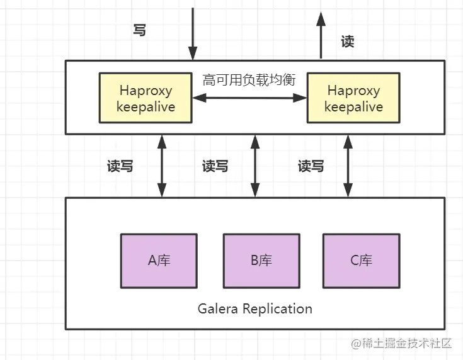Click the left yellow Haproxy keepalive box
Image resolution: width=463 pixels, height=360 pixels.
point(146,98)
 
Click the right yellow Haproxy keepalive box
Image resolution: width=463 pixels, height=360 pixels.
point(353,98)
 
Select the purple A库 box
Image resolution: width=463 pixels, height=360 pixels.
point(159,260)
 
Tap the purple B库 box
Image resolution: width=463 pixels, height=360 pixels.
point(261,260)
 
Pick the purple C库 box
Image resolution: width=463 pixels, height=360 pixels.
point(361,260)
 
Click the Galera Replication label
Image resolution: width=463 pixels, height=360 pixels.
point(254,309)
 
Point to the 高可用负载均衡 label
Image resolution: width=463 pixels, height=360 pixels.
point(249,81)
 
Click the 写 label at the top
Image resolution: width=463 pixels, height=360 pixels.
point(140,30)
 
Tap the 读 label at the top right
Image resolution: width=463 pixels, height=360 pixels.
point(347,42)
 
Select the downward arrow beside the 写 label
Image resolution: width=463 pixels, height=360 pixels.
point(193,31)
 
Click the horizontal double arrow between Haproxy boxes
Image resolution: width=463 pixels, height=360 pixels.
point(249,98)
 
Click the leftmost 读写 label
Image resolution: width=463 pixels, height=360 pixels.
point(120,166)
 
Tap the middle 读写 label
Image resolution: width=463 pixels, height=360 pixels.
point(215,166)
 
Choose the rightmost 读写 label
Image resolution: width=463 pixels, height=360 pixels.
point(311,166)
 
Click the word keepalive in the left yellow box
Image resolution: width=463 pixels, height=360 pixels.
point(146,107)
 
